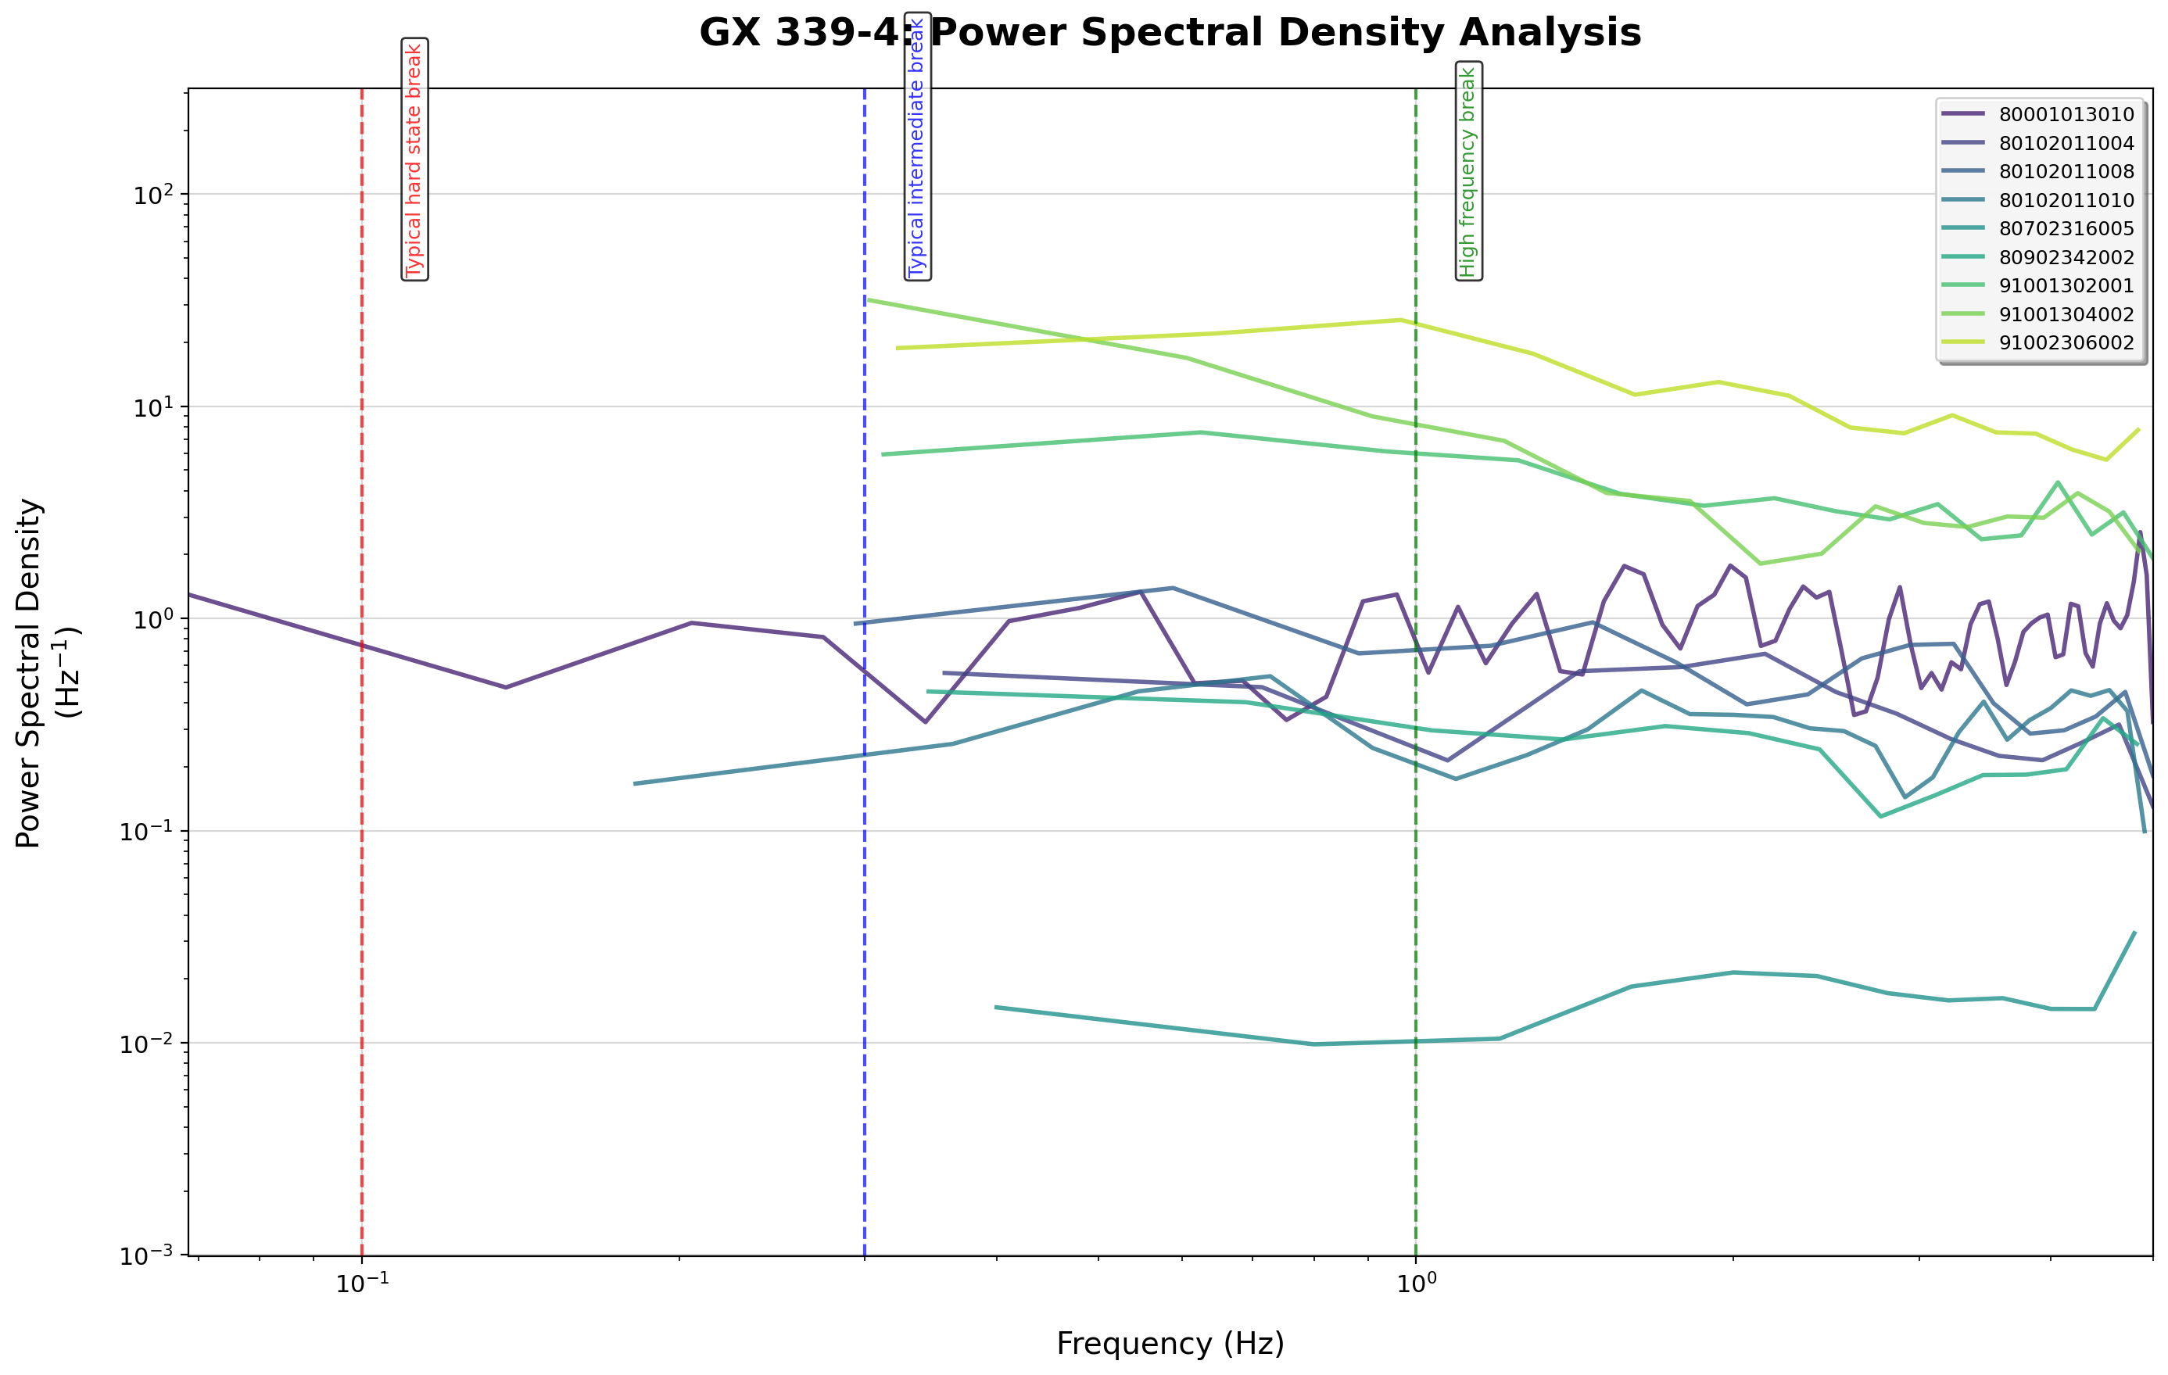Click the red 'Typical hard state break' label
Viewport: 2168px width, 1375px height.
[414, 159]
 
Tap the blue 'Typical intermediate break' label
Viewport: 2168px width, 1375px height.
[916, 146]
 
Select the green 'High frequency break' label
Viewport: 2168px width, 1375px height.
[1468, 171]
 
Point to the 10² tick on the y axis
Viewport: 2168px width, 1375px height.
[154, 195]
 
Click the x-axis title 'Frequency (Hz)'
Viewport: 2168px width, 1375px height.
[1170, 1344]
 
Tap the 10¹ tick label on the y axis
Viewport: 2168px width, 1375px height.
[154, 407]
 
